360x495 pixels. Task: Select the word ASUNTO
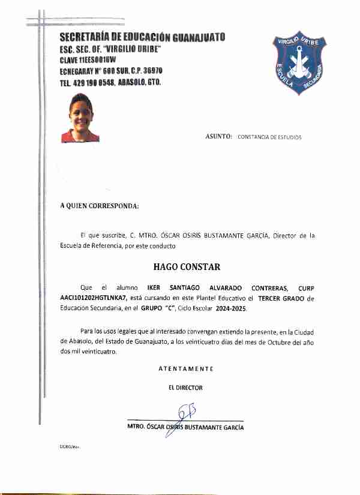[218, 137]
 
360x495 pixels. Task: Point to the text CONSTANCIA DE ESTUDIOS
[269, 137]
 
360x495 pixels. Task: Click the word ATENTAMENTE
[185, 368]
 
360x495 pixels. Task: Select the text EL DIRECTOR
[185, 388]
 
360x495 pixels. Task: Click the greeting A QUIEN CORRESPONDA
[100, 206]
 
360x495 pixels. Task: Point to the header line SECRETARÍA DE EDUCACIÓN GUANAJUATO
[142, 38]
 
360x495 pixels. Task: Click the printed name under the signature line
[185, 428]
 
